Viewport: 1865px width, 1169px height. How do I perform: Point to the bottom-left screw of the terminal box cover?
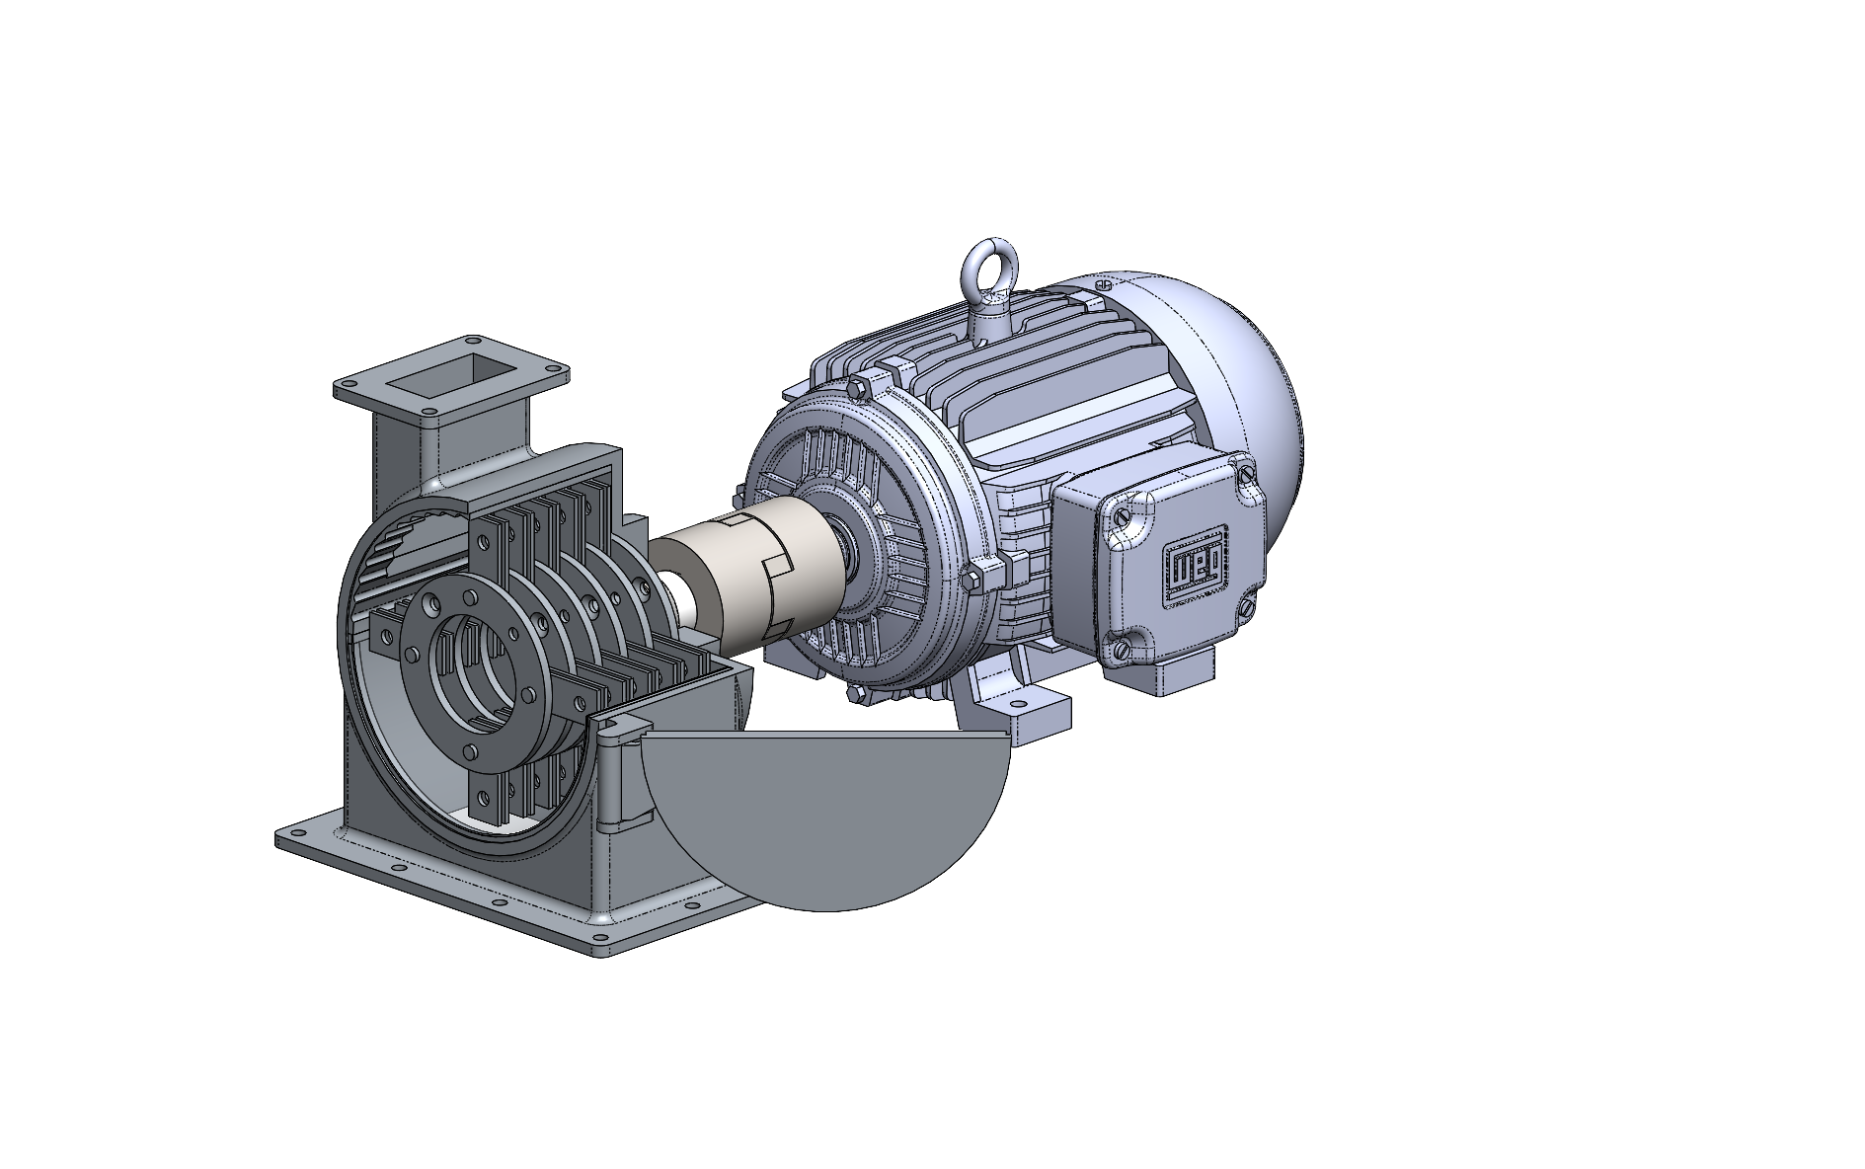coord(1123,649)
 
